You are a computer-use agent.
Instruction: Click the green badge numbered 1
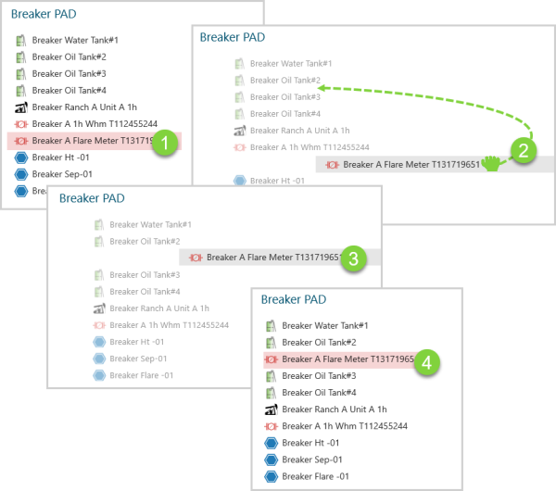pyautogui.click(x=164, y=144)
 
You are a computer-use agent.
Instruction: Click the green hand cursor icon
pyautogui.click(x=491, y=166)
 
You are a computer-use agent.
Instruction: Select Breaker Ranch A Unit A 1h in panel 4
pyautogui.click(x=334, y=409)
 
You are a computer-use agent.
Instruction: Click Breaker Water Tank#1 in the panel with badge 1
pyautogui.click(x=75, y=41)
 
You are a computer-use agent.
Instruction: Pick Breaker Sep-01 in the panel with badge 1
pyautogui.click(x=62, y=174)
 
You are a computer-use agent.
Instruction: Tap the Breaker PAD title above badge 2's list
pyautogui.click(x=232, y=37)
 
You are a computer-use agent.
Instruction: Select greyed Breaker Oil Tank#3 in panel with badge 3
pyautogui.click(x=145, y=275)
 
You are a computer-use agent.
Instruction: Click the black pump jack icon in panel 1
pyautogui.click(x=21, y=107)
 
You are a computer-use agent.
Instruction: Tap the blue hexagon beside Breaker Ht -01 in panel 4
pyautogui.click(x=272, y=443)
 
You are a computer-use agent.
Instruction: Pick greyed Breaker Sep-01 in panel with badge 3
pyautogui.click(x=138, y=359)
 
